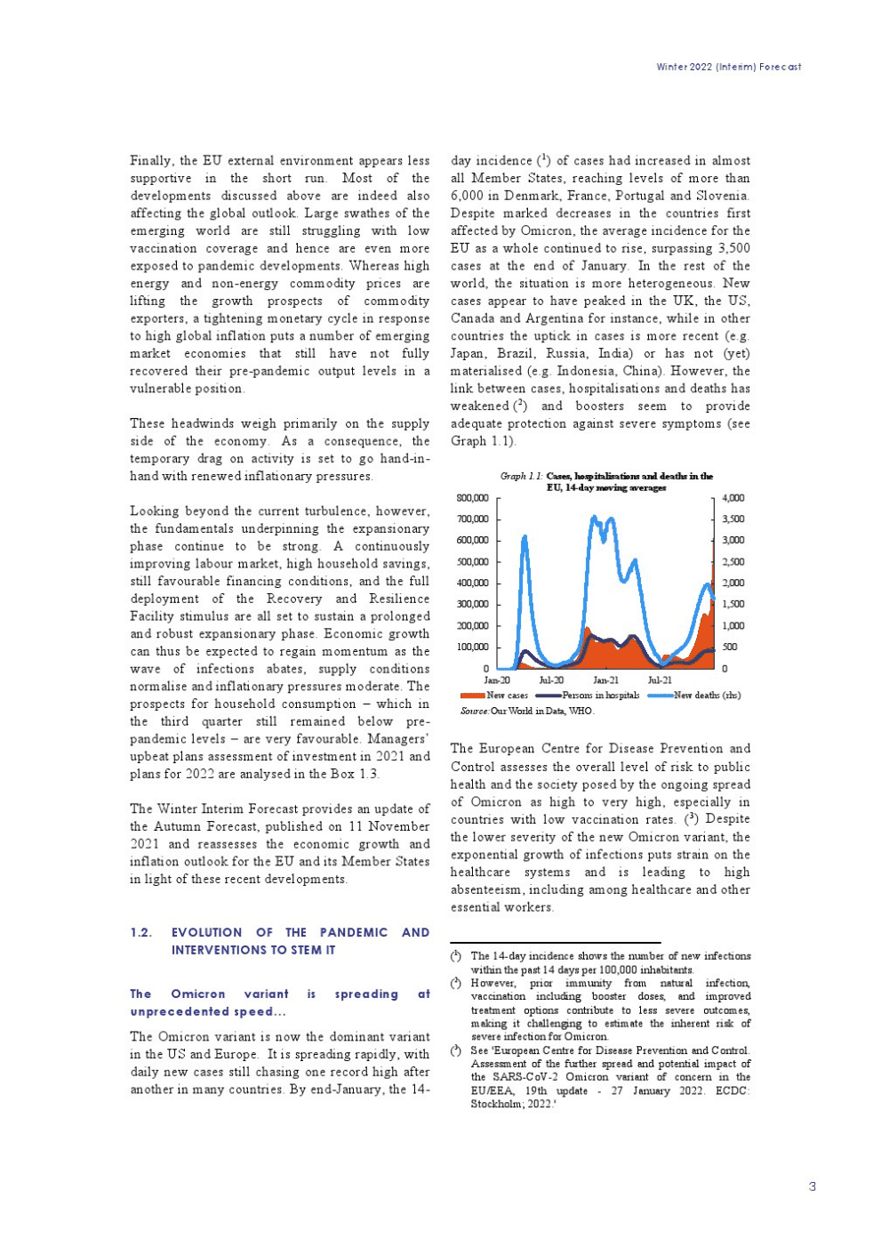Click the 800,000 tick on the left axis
coord(472,498)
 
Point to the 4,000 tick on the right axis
coord(733,498)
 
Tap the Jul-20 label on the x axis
coord(551,680)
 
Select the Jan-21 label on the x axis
coord(606,680)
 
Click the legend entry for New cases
coord(494,696)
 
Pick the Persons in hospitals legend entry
coord(588,696)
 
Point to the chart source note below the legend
coord(526,711)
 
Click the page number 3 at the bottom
coord(812,1187)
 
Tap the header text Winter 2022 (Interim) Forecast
coord(728,67)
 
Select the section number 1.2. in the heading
coord(140,932)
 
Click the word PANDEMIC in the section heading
coord(354,932)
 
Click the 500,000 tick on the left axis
coord(472,562)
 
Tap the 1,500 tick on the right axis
coord(733,605)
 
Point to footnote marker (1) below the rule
coord(455,956)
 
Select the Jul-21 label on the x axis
coord(660,680)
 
